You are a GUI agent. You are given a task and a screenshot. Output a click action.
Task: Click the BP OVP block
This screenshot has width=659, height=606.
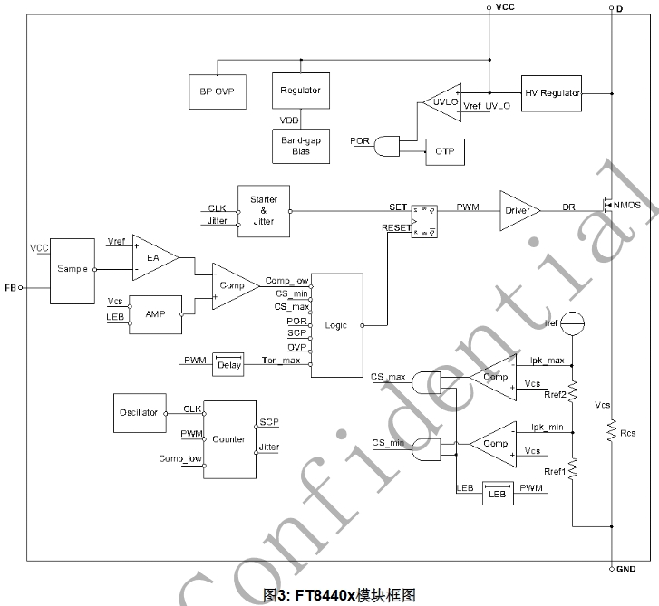tap(218, 91)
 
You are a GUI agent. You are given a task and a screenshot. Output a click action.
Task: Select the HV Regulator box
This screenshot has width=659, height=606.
tap(551, 92)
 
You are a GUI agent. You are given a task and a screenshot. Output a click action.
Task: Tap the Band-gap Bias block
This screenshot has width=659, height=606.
tap(300, 145)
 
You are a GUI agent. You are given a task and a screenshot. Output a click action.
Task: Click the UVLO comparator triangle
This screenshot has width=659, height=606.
tap(442, 102)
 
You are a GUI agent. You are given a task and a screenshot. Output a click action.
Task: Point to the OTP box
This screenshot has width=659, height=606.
tap(445, 150)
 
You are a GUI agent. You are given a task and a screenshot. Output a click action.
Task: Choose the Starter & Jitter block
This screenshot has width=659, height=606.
tap(264, 211)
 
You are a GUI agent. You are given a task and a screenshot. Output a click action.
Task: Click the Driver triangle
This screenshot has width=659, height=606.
tap(518, 210)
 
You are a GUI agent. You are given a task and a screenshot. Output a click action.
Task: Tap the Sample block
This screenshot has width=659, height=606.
tap(72, 270)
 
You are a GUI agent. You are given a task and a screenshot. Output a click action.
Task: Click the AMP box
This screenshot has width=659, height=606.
tap(154, 313)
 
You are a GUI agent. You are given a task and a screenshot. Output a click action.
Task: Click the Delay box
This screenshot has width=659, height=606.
tap(229, 364)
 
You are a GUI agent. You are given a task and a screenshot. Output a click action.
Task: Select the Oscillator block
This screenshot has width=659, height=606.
tap(139, 412)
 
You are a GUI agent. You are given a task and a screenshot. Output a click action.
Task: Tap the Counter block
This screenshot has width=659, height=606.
tap(228, 439)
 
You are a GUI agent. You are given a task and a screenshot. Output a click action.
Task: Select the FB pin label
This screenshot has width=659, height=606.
tap(10, 287)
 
